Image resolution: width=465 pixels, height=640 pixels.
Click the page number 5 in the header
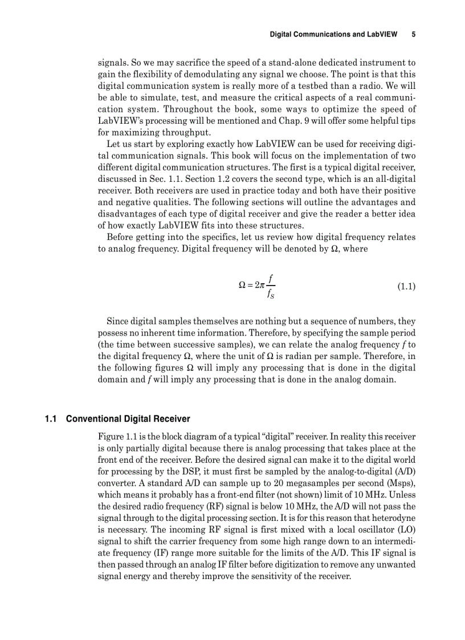(413, 34)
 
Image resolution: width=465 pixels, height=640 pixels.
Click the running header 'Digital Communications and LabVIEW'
(333, 34)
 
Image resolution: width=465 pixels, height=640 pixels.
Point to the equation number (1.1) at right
(406, 286)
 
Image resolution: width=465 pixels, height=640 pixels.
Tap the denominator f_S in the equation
(270, 295)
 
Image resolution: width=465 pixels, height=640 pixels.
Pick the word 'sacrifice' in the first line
(189, 62)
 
